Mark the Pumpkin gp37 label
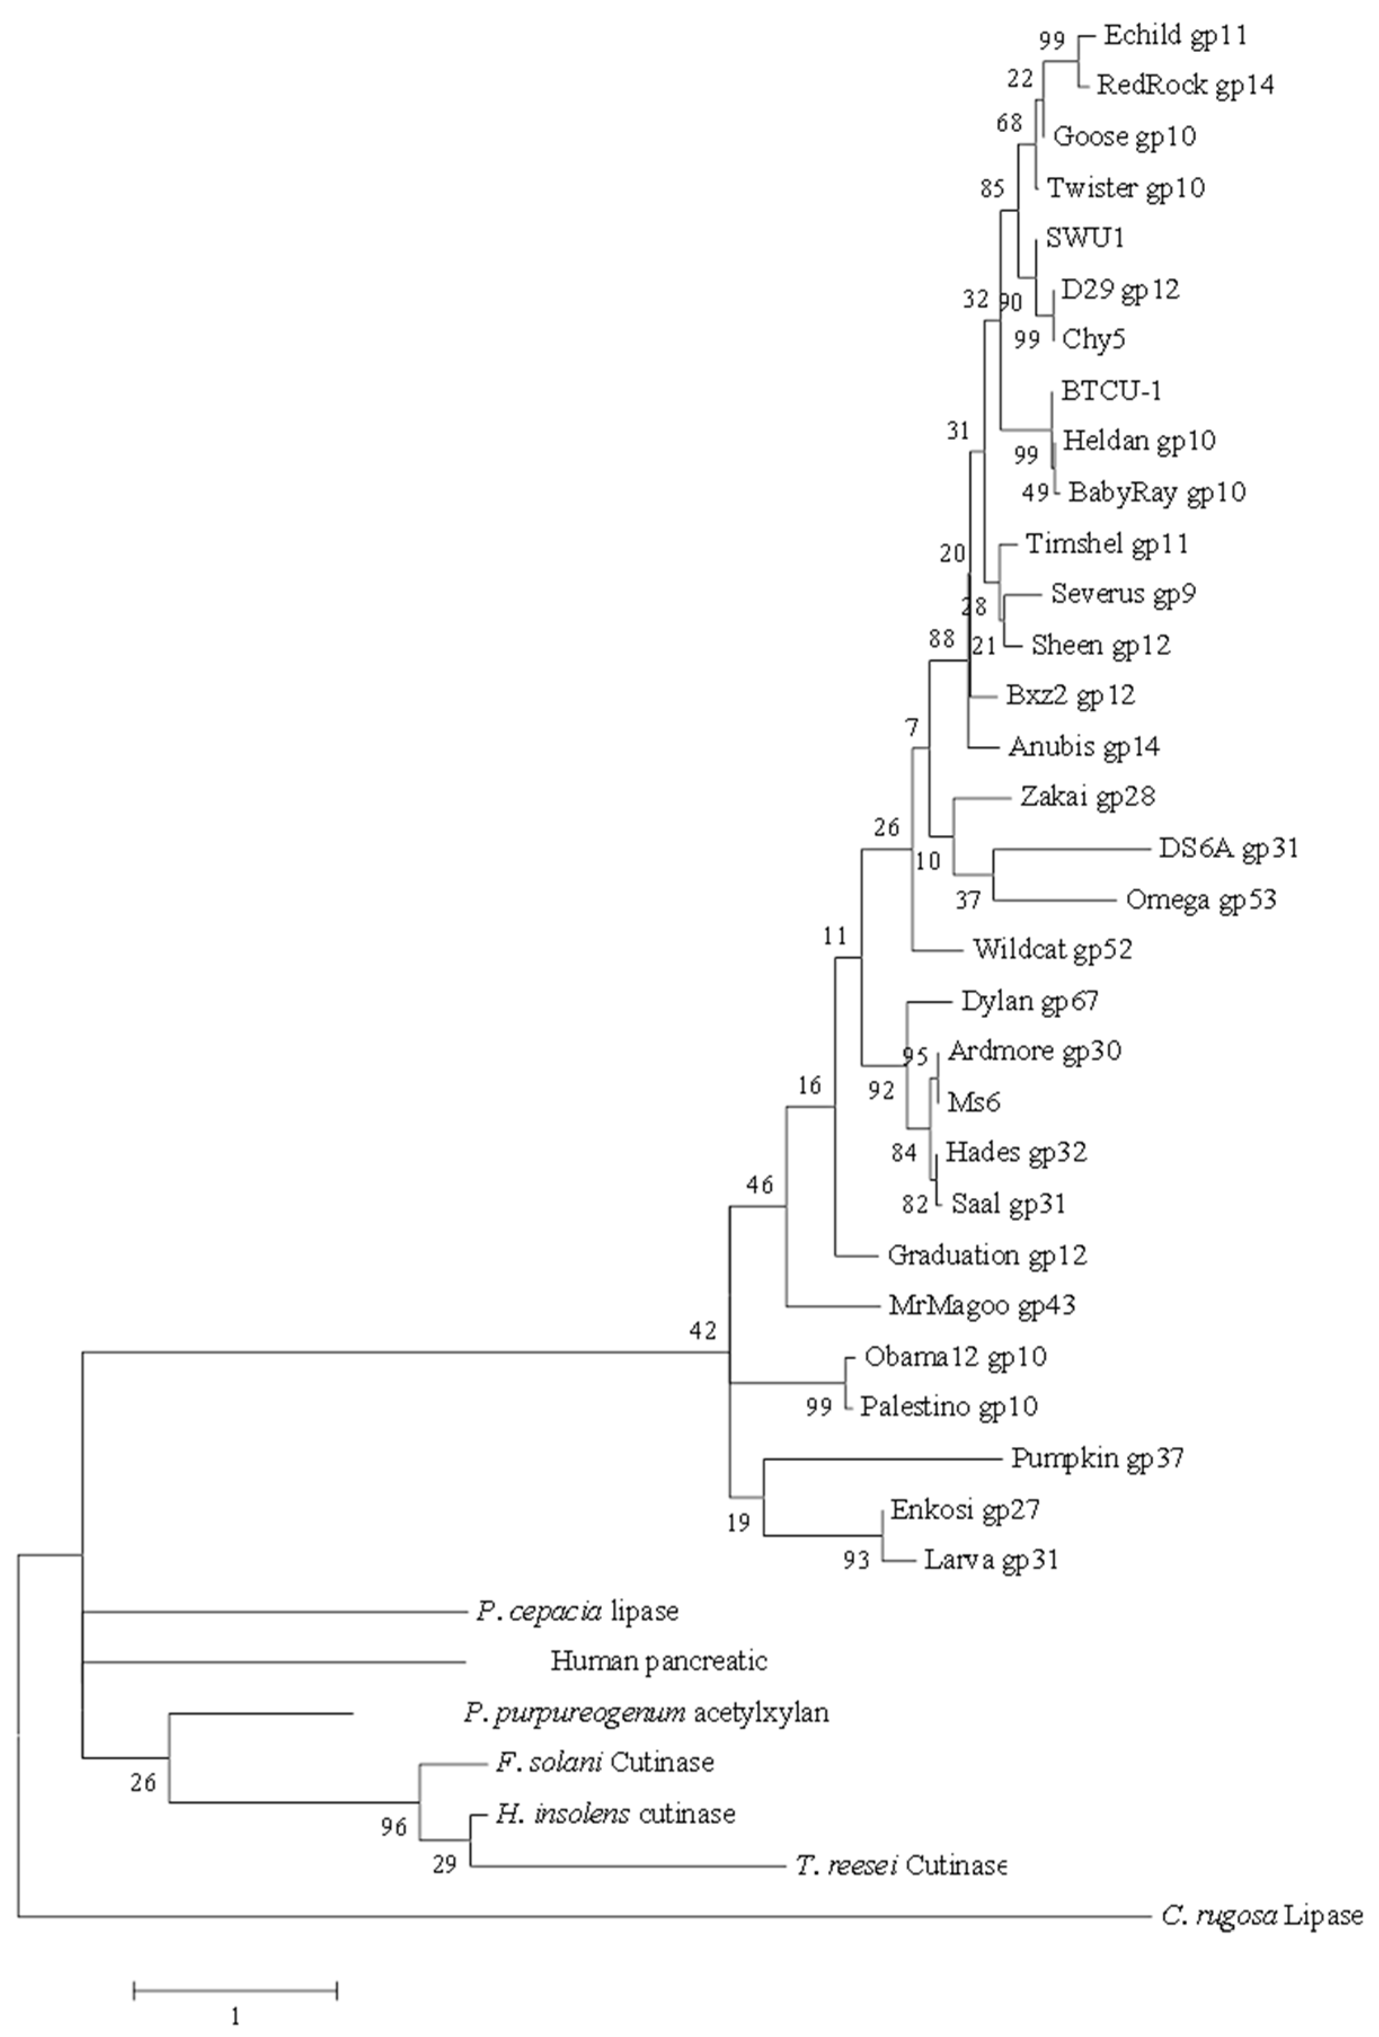pos(1097,1458)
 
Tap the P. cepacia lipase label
pos(577,1610)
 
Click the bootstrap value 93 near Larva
pos(857,1559)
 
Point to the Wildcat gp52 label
pos(1052,948)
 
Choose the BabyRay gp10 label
pos(1156,492)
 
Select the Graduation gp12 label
pos(987,1254)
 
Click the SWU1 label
pos(1084,238)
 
